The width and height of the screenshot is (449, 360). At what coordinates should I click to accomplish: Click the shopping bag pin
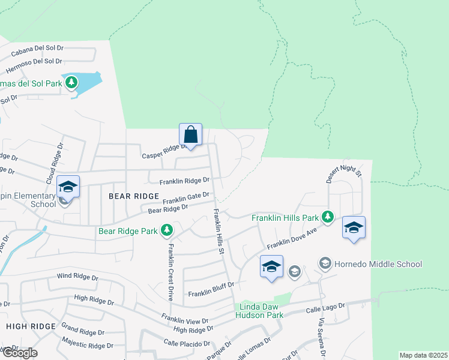(190, 135)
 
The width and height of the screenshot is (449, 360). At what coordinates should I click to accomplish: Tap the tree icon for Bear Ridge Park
(167, 230)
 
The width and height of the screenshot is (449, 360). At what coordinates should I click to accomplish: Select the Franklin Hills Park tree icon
(327, 217)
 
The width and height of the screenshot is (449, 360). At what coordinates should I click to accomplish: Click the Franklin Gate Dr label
(185, 198)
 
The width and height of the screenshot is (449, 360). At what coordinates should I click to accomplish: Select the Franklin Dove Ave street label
(292, 239)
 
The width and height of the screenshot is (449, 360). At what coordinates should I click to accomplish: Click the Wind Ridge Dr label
(77, 277)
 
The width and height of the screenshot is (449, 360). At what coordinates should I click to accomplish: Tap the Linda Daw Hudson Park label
(259, 311)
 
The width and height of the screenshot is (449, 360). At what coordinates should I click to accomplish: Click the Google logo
(19, 353)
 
